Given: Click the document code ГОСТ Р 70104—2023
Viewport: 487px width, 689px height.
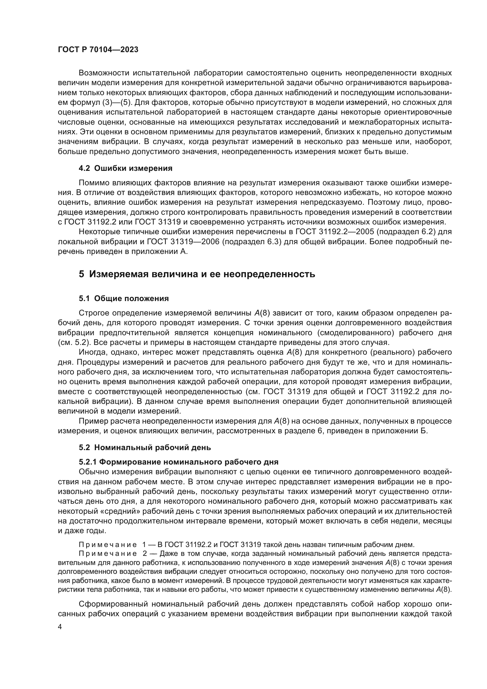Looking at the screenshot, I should coord(98,50).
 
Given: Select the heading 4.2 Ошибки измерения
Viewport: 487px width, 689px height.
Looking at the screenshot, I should coord(125,168).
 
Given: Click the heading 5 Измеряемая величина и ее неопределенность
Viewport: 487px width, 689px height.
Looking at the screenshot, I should coord(197,274).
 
